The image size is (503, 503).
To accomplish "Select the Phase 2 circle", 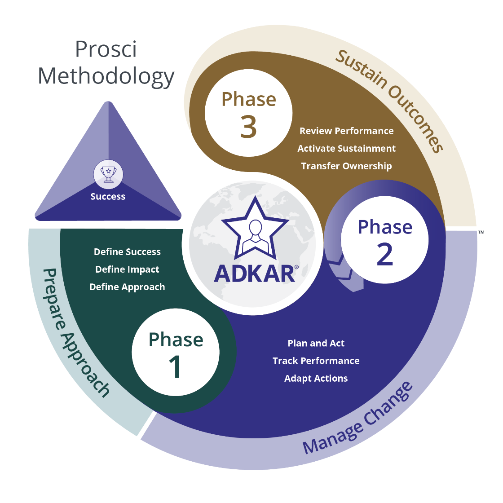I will [384, 240].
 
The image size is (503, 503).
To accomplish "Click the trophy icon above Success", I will [108, 174].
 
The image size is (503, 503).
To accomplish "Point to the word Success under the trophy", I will [108, 197].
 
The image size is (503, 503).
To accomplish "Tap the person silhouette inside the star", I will [255, 236].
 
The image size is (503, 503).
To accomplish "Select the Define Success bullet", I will [127, 252].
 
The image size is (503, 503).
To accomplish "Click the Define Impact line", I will [127, 269].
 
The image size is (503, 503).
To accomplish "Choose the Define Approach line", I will [127, 287].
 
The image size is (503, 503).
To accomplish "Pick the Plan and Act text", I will [316, 344].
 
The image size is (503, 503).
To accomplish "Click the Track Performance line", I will [316, 361].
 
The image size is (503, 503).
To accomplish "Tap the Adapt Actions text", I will [316, 379].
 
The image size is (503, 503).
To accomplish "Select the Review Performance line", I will [346, 131].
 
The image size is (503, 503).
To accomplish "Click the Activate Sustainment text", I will [346, 149].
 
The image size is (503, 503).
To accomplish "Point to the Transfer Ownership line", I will [346, 166].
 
